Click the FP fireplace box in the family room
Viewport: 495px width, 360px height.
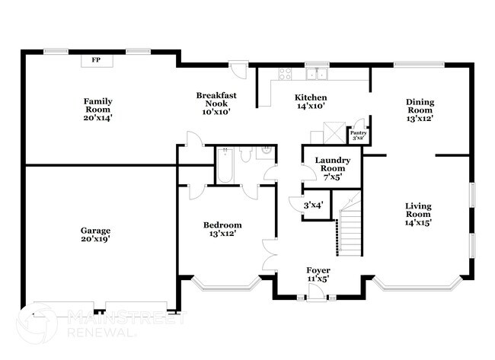click(x=97, y=61)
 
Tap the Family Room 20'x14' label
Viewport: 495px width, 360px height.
click(x=98, y=110)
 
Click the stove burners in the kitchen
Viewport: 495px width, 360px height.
click(x=285, y=74)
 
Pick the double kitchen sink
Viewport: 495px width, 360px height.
click(x=317, y=74)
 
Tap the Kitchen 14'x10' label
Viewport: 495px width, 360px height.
click(x=311, y=101)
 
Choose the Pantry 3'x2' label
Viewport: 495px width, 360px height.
click(x=359, y=135)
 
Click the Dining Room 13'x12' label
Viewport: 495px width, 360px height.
click(x=420, y=110)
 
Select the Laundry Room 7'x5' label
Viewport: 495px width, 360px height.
click(x=333, y=168)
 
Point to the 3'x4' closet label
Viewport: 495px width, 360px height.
click(x=314, y=205)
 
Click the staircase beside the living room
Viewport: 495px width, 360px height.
click(x=349, y=224)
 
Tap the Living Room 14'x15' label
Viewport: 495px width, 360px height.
click(x=418, y=214)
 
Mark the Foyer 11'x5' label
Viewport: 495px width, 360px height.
click(x=318, y=275)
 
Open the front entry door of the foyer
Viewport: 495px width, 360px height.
click(x=316, y=292)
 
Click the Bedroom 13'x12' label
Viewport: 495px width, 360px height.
click(x=222, y=229)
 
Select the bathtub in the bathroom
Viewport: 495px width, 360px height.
click(x=225, y=165)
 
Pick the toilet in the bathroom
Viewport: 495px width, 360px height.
click(x=245, y=155)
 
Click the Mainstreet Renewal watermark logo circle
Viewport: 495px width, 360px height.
click(x=37, y=323)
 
